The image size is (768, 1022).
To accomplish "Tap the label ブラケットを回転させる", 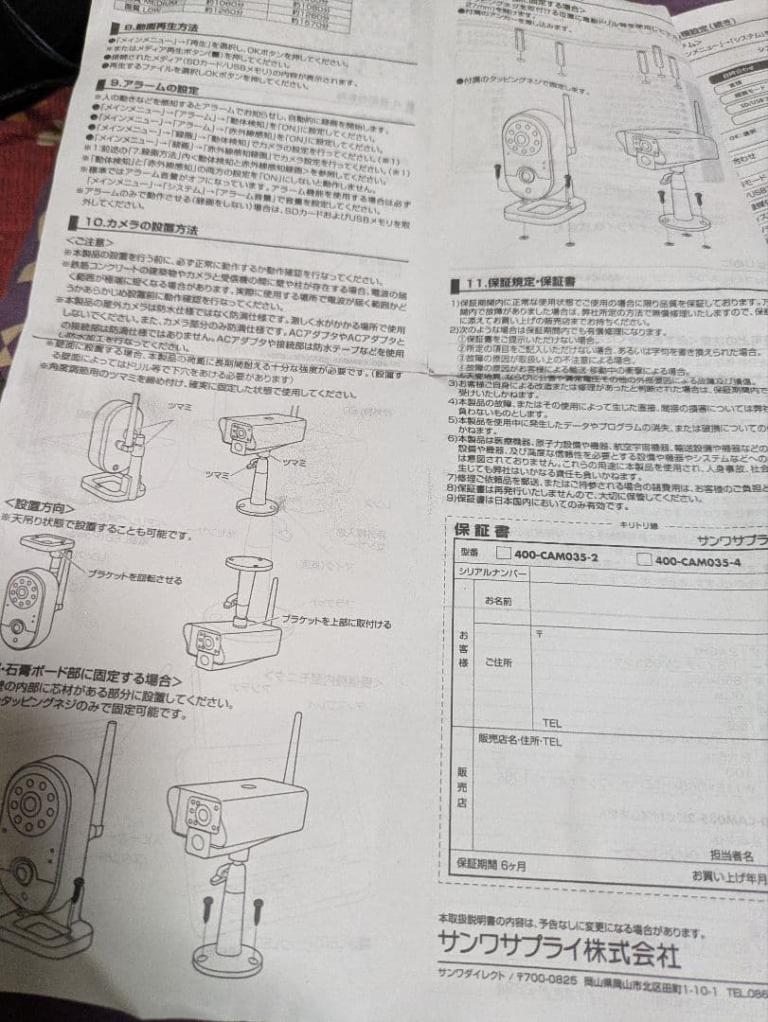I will pos(134,578).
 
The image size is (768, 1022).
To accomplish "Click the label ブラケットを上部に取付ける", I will pos(336,624).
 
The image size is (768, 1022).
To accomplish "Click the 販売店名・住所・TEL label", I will pos(520,741).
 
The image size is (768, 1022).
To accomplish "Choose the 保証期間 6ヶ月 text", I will pos(491,863).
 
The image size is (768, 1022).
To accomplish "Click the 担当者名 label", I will pos(731,855).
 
